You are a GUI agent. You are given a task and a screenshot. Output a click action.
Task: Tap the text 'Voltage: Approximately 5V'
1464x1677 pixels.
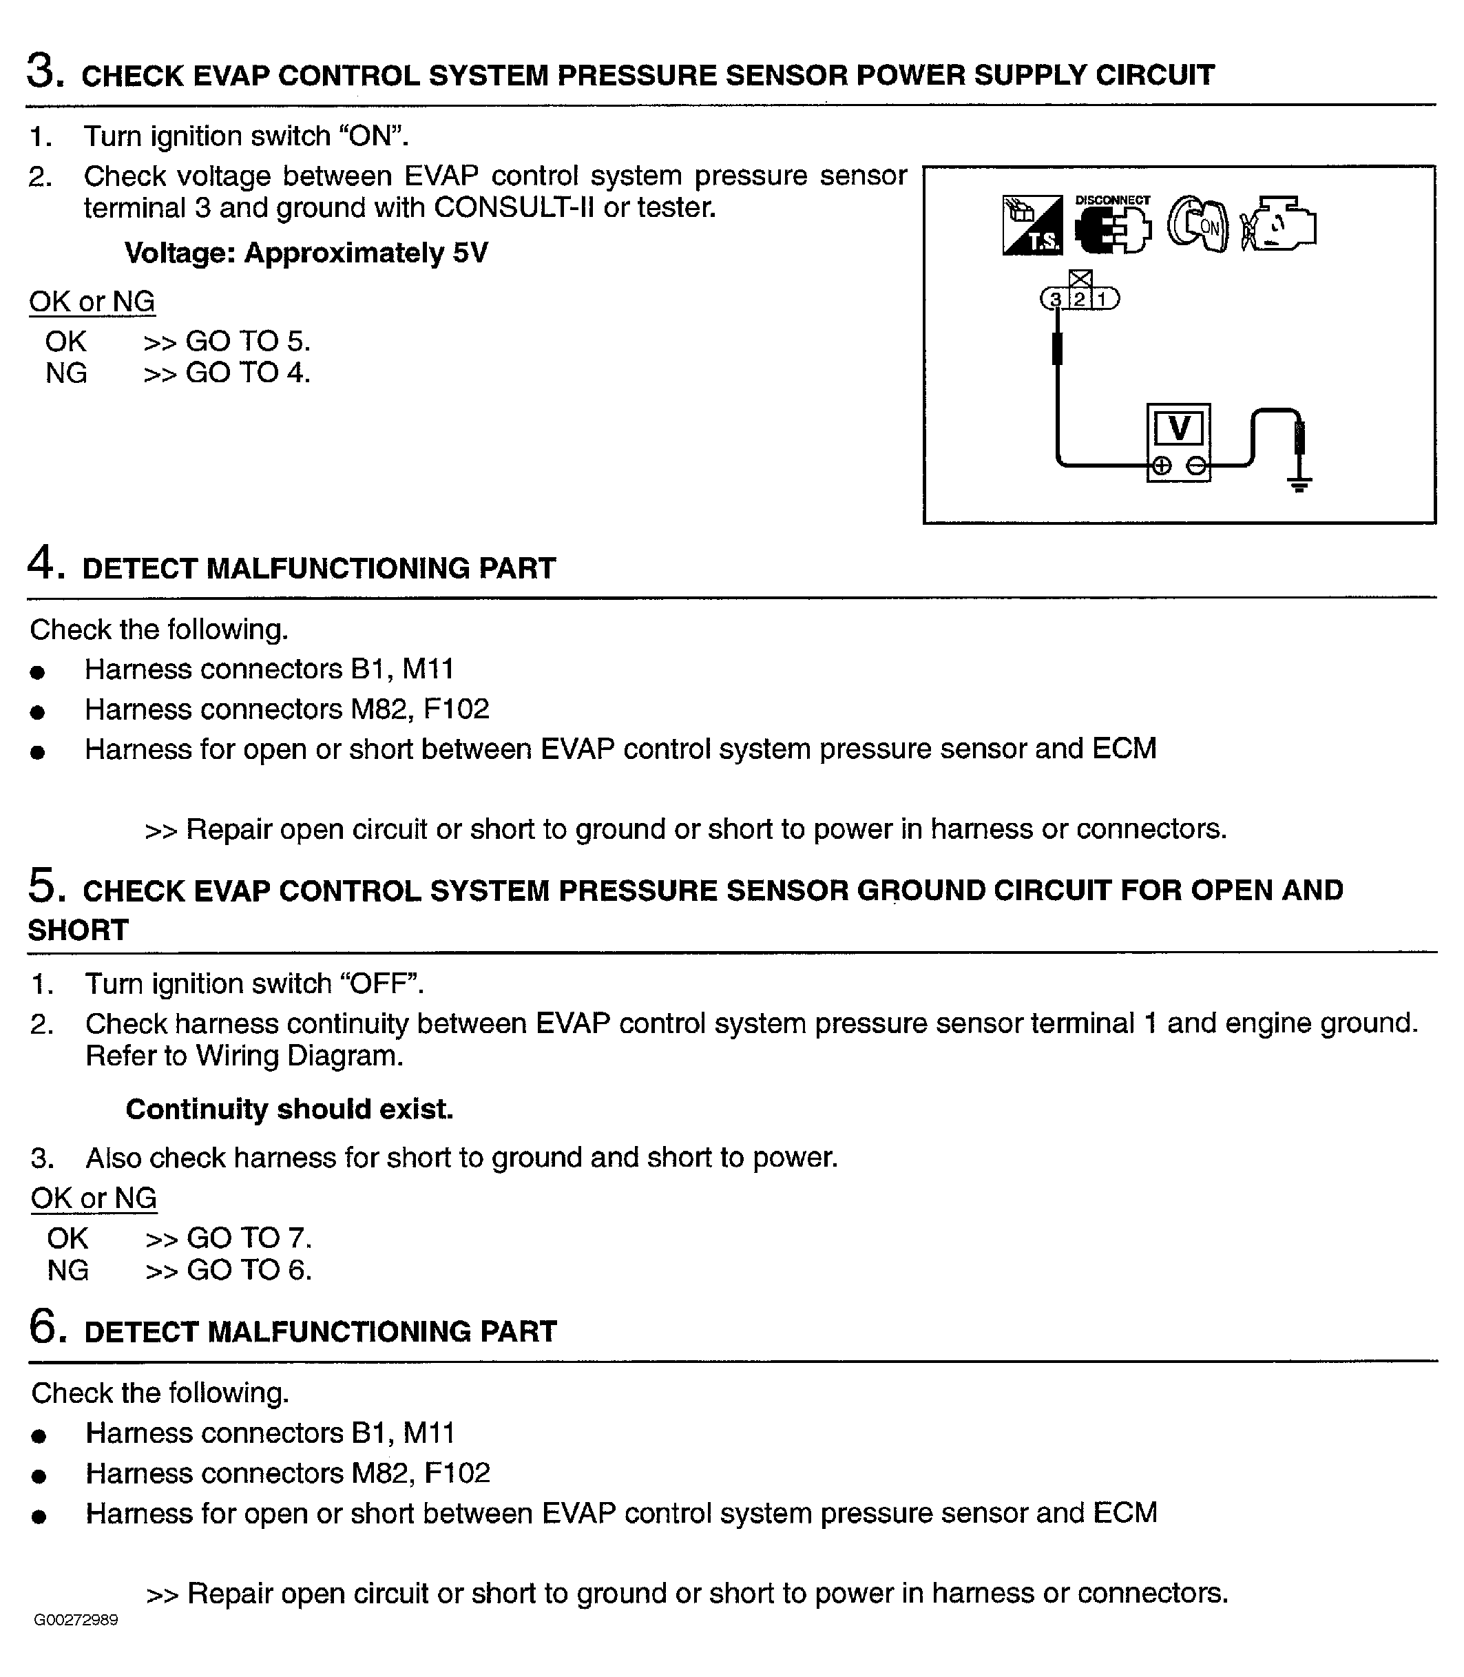point(306,253)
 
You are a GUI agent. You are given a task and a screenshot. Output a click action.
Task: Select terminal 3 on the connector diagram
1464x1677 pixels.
point(1056,300)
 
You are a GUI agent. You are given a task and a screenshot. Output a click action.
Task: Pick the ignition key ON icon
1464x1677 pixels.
point(1198,225)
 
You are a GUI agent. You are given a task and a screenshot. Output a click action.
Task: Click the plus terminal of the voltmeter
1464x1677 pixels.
point(1161,466)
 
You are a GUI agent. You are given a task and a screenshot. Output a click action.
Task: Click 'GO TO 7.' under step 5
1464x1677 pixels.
point(249,1238)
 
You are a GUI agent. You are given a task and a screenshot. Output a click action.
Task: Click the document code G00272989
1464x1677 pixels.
point(76,1620)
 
